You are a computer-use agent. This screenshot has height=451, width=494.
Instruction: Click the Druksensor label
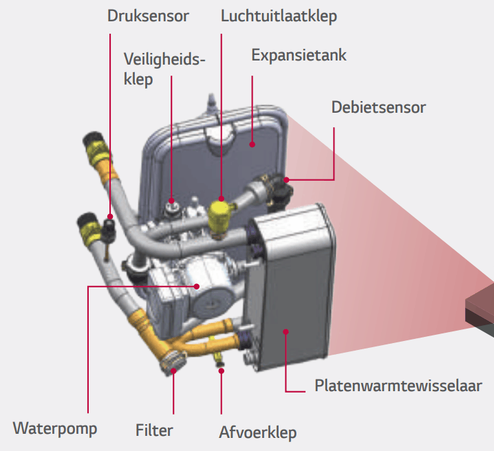(148, 15)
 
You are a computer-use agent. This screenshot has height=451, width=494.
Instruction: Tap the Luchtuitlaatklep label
(279, 15)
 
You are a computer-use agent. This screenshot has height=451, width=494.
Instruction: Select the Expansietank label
(299, 54)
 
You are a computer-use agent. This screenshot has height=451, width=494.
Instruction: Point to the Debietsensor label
(378, 107)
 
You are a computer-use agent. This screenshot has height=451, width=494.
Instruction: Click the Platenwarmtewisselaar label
(398, 386)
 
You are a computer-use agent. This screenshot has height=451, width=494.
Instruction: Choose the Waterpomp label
(55, 428)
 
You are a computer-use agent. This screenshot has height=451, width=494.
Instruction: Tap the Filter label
(154, 431)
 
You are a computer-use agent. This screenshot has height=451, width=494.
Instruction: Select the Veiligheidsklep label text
(164, 69)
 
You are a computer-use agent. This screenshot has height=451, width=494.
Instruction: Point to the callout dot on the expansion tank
(253, 144)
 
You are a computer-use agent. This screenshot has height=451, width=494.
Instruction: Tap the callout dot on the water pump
(197, 287)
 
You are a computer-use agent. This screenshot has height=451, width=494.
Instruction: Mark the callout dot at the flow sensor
(287, 180)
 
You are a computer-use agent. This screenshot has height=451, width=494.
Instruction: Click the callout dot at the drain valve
(222, 371)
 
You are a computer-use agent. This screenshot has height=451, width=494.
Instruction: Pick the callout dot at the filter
(173, 371)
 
